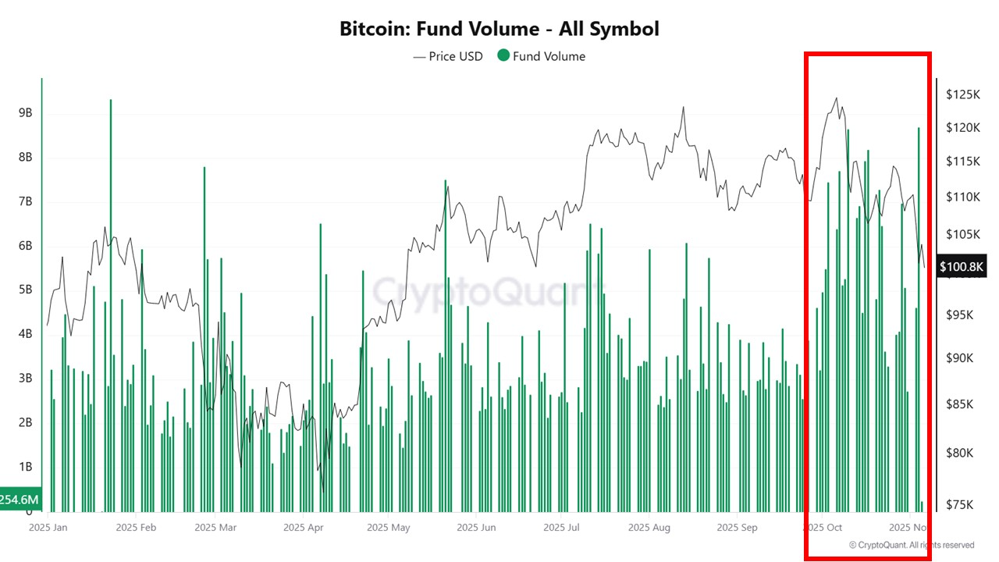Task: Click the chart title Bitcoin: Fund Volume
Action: [x=499, y=29]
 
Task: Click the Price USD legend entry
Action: [x=448, y=56]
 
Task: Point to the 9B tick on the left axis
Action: [x=25, y=113]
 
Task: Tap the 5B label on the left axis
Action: [x=25, y=290]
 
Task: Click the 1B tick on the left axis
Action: [x=25, y=467]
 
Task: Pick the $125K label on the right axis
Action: [x=962, y=94]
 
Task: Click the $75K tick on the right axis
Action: [x=959, y=504]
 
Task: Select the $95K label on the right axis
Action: [x=959, y=315]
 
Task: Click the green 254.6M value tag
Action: [x=20, y=499]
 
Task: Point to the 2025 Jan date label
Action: [x=48, y=527]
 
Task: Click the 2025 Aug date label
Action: [x=649, y=527]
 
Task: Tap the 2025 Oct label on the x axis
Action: [x=827, y=527]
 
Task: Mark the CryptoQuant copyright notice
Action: [x=911, y=545]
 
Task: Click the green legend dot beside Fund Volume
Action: [x=503, y=56]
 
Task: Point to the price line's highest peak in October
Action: [x=837, y=98]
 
